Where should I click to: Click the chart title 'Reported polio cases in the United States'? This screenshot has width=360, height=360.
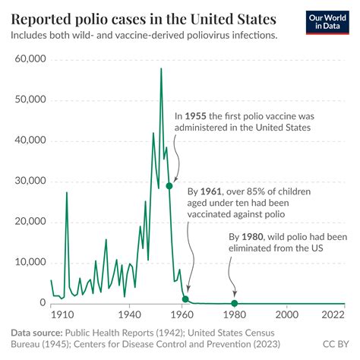(x=144, y=17)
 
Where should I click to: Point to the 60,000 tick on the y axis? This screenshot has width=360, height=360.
(x=28, y=59)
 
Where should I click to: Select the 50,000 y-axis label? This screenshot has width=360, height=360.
(x=28, y=100)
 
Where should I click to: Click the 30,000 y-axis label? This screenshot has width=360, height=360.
(x=28, y=182)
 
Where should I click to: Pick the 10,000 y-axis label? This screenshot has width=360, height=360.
(x=28, y=263)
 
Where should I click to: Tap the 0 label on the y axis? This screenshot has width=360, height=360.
(x=43, y=303)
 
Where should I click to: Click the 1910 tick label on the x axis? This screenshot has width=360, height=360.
(x=57, y=314)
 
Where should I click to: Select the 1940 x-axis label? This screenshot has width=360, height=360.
(x=130, y=314)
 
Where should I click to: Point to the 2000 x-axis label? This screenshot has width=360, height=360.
(x=286, y=314)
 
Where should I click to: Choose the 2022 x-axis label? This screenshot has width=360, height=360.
(x=332, y=314)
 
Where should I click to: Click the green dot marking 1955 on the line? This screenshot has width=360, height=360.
(x=169, y=185)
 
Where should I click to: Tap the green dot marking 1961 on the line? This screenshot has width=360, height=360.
(x=185, y=299)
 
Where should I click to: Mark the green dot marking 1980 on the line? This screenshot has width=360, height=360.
(x=234, y=303)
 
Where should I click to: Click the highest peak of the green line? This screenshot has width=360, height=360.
(x=161, y=68)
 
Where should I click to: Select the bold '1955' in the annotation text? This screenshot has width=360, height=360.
(x=196, y=116)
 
